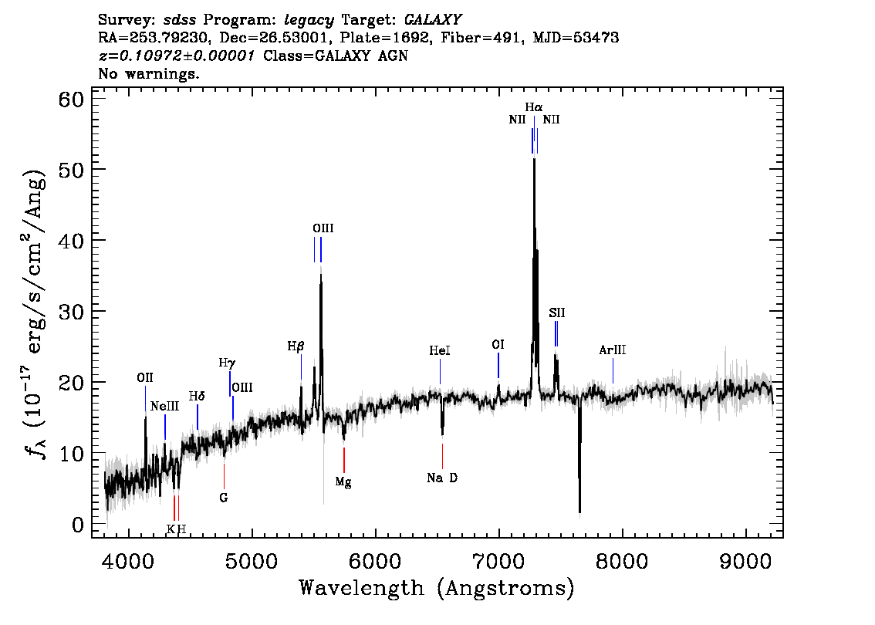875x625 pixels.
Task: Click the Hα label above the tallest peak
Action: click(533, 107)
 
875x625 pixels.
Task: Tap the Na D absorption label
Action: click(442, 478)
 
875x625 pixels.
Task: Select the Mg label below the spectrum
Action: click(343, 481)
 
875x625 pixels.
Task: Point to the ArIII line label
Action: click(612, 350)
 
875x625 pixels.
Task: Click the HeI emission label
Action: click(440, 351)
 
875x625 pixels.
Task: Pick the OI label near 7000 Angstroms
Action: click(498, 345)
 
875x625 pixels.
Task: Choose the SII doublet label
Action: click(557, 313)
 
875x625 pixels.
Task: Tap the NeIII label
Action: click(164, 406)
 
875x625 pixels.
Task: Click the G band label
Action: click(224, 498)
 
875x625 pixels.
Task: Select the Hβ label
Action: click(296, 346)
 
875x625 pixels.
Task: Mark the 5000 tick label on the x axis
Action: click(252, 562)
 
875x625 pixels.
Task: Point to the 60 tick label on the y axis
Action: click(71, 100)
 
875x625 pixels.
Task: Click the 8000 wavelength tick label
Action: click(622, 562)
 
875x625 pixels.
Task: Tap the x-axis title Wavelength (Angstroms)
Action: click(437, 588)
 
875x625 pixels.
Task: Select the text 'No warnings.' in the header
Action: click(148, 73)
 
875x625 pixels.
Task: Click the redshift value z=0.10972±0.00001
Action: click(177, 56)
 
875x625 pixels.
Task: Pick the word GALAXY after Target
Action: click(433, 20)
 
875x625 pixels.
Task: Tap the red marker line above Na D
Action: click(443, 456)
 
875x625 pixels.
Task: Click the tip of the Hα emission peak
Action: click(534, 158)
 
